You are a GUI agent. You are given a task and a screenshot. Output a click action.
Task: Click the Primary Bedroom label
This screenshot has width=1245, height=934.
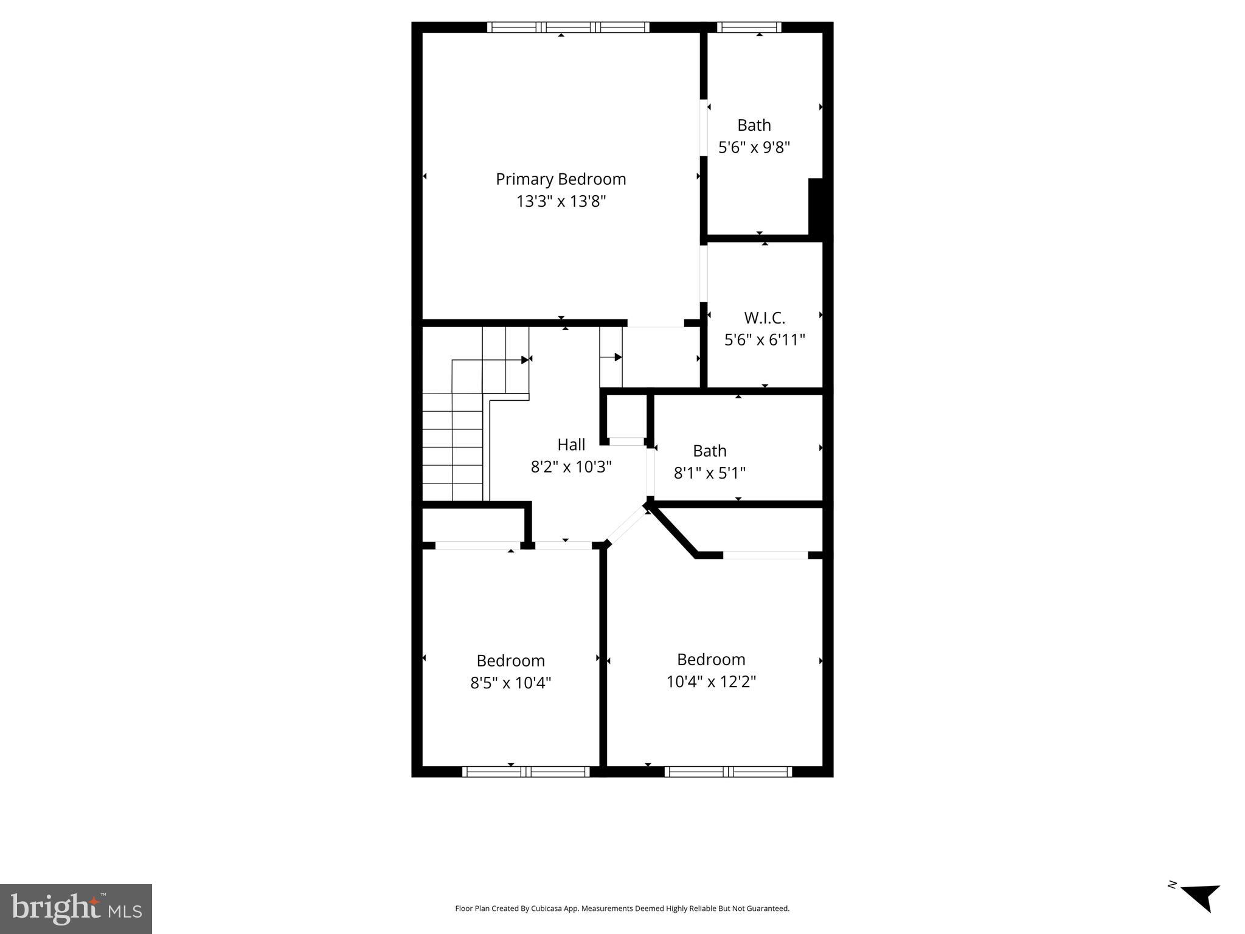(560, 179)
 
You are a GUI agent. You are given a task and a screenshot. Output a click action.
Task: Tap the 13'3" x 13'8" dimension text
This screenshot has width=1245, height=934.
(560, 201)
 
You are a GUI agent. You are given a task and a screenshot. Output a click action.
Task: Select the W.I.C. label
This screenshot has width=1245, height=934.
(765, 318)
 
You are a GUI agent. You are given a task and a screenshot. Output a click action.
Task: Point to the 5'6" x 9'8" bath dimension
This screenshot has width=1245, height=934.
(754, 147)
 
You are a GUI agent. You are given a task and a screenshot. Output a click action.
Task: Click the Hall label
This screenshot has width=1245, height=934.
(571, 445)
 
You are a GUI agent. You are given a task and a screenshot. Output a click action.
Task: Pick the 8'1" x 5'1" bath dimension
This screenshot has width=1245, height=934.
(709, 472)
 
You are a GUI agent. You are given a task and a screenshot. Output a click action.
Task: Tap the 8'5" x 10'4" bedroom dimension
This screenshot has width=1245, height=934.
(510, 682)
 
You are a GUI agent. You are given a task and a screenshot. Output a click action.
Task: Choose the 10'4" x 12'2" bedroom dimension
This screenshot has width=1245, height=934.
(710, 681)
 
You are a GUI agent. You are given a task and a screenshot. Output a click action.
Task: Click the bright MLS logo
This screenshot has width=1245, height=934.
(76, 908)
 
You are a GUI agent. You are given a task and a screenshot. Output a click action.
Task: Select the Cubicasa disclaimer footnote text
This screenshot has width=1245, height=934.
(622, 908)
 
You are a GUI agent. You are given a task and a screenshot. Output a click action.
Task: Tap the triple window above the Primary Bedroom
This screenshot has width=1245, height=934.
(567, 27)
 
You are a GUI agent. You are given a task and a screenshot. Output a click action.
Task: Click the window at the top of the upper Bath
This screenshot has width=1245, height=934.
(749, 27)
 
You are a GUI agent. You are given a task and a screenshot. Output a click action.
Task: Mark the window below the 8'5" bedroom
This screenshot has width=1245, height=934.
(525, 772)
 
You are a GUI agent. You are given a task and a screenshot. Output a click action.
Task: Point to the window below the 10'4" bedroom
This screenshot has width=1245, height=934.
(728, 772)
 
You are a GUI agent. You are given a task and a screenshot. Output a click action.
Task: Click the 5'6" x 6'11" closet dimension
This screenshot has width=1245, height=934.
(765, 339)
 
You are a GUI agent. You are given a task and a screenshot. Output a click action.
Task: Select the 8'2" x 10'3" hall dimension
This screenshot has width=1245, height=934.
(570, 466)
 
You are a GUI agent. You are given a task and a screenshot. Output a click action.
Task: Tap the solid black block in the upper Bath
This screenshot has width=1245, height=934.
(816, 207)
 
